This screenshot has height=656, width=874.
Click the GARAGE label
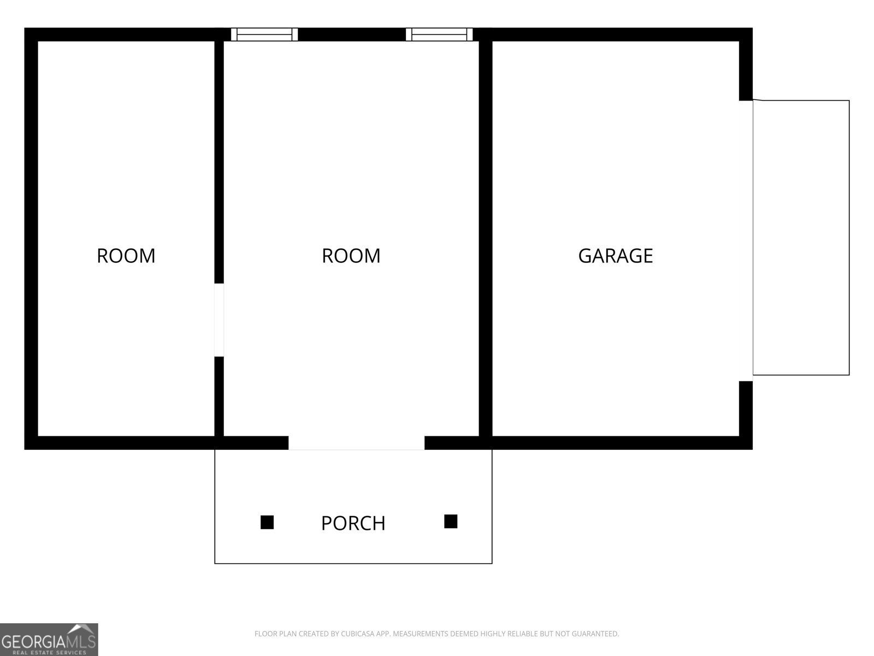pos(615,256)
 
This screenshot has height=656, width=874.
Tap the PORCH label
pos(353,523)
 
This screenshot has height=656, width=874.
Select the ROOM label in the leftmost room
pos(126,256)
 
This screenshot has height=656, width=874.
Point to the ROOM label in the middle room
pos(351,256)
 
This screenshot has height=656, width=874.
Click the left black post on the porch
pos(267,522)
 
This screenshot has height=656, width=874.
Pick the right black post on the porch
pos(451,522)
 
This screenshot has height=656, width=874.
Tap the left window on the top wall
pos(264,34)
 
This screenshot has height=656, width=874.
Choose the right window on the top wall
pos(439,34)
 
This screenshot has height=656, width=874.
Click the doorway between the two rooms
pos(219,320)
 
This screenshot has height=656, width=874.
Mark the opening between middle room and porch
pos(356,443)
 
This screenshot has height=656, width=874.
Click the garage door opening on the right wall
pos(746,241)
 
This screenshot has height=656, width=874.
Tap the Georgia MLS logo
pos(49,639)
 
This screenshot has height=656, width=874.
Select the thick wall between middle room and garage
pos(486,239)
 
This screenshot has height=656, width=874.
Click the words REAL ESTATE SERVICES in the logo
pos(49,652)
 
